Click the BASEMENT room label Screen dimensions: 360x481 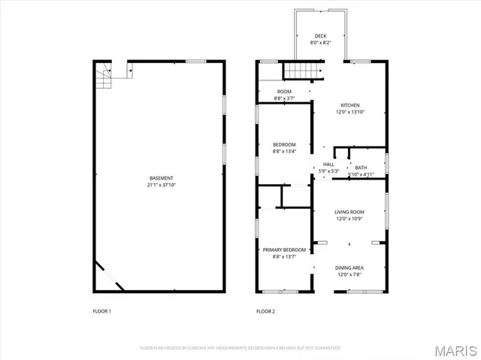coord(161,178)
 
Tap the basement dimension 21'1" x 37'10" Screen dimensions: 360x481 coord(161,185)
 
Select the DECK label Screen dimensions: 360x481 coord(320,36)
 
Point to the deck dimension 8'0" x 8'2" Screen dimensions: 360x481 coord(320,43)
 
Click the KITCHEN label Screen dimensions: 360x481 coord(350,105)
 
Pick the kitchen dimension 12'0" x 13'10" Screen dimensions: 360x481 coord(350,112)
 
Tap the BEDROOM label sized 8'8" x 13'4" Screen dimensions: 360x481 coord(283,144)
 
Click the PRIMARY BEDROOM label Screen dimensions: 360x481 coord(284,250)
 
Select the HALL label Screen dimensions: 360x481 coord(328,165)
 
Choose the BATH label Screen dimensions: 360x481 coord(361,168)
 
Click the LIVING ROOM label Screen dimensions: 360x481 coord(349,212)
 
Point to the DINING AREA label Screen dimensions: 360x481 coord(349,268)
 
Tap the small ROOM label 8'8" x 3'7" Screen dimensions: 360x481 coord(283,91)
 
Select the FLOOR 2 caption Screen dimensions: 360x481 coord(266,311)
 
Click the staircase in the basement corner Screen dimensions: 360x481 coord(103,75)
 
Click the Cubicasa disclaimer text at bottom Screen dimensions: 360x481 coord(240,348)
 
